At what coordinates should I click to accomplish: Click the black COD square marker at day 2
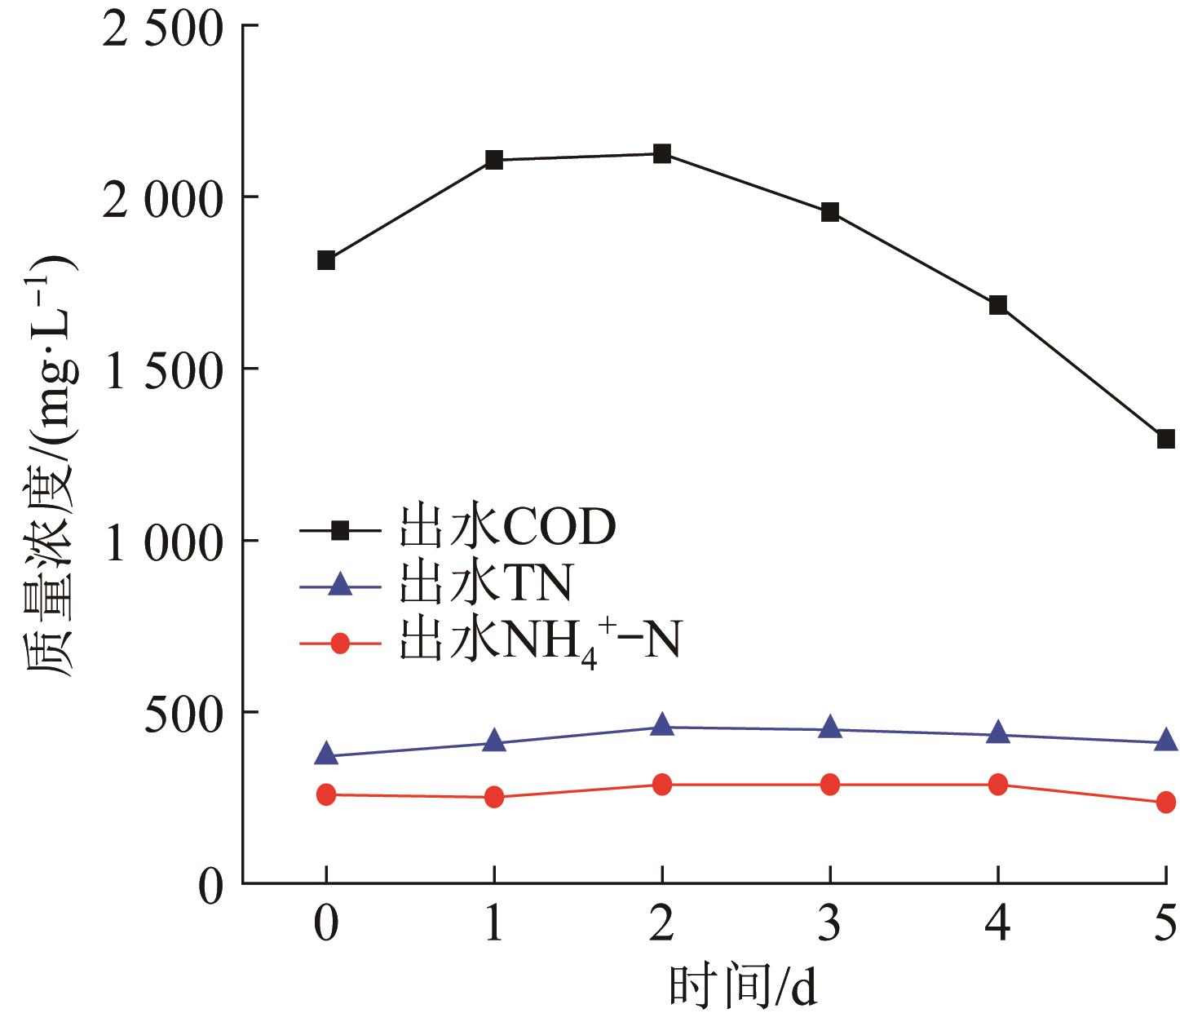[x=662, y=153]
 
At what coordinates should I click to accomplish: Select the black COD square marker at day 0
[x=326, y=261]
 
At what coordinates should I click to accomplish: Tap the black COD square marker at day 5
[x=1165, y=439]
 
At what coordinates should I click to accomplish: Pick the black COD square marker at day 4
[x=998, y=305]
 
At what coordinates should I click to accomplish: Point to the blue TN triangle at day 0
[x=326, y=754]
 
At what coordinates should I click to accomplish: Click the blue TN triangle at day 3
[x=830, y=728]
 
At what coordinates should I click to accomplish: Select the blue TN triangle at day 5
[x=1165, y=741]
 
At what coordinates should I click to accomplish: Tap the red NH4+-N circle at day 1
[x=494, y=798]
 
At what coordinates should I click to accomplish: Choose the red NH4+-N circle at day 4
[x=998, y=785]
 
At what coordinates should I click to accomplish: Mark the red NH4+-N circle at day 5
[x=1165, y=803]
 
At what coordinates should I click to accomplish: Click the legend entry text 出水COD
[x=506, y=529]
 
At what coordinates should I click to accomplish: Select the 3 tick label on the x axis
[x=830, y=925]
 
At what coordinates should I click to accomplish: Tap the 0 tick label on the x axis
[x=326, y=925]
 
